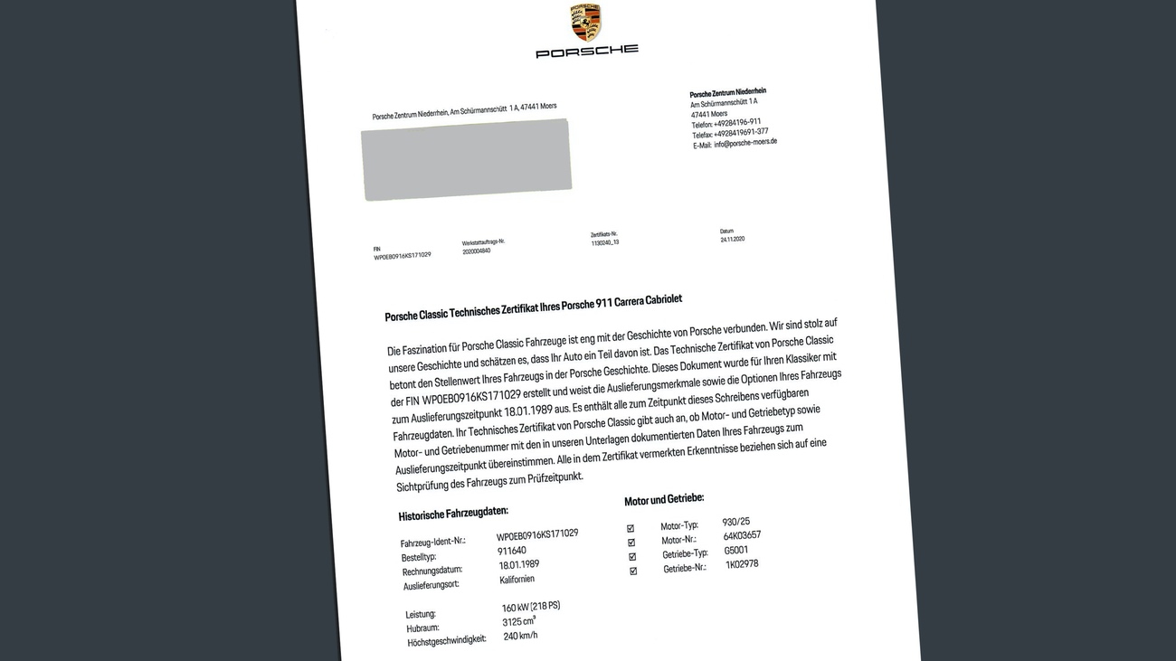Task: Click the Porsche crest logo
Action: tap(586, 22)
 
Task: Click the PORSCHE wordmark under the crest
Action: tap(587, 51)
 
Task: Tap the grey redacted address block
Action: tap(467, 159)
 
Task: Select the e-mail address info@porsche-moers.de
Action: tap(745, 143)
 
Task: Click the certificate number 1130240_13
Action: tap(604, 242)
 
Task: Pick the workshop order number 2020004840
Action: tap(476, 251)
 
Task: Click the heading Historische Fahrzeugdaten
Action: tap(453, 514)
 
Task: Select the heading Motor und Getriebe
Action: tap(664, 499)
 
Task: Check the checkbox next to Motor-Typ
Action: tap(631, 528)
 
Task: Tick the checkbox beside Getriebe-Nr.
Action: tap(633, 571)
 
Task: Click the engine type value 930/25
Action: tap(735, 522)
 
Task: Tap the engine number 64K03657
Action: tap(742, 535)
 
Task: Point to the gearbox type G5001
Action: tap(736, 550)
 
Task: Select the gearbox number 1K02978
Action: tap(742, 564)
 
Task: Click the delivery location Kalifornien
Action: tap(517, 580)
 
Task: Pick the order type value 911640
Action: tap(511, 551)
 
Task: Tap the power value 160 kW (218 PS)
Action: tap(531, 607)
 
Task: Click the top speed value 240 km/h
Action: tap(520, 636)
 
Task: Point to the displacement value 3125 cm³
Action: tap(519, 621)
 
